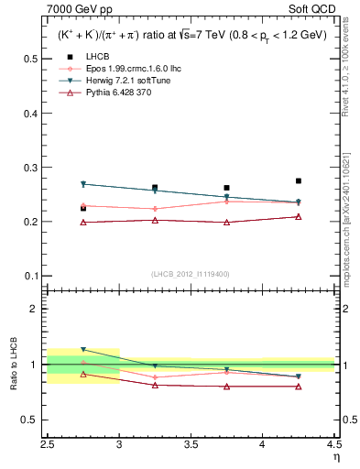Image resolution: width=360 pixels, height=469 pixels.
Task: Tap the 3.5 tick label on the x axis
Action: coord(191,444)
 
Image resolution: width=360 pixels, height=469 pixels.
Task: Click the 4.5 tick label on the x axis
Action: coord(333,444)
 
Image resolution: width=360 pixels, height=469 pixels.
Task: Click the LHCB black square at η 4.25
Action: coord(298,181)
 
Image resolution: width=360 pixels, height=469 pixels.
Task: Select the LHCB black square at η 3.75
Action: coord(226,188)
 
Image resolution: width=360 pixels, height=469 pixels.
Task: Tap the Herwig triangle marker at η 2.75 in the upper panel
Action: coord(83,184)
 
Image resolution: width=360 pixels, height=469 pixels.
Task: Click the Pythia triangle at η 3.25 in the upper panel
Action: coord(155,220)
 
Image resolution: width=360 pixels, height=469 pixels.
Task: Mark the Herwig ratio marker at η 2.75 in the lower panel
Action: coord(83,350)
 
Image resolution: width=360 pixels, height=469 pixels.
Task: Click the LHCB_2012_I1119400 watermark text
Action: coord(191,274)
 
